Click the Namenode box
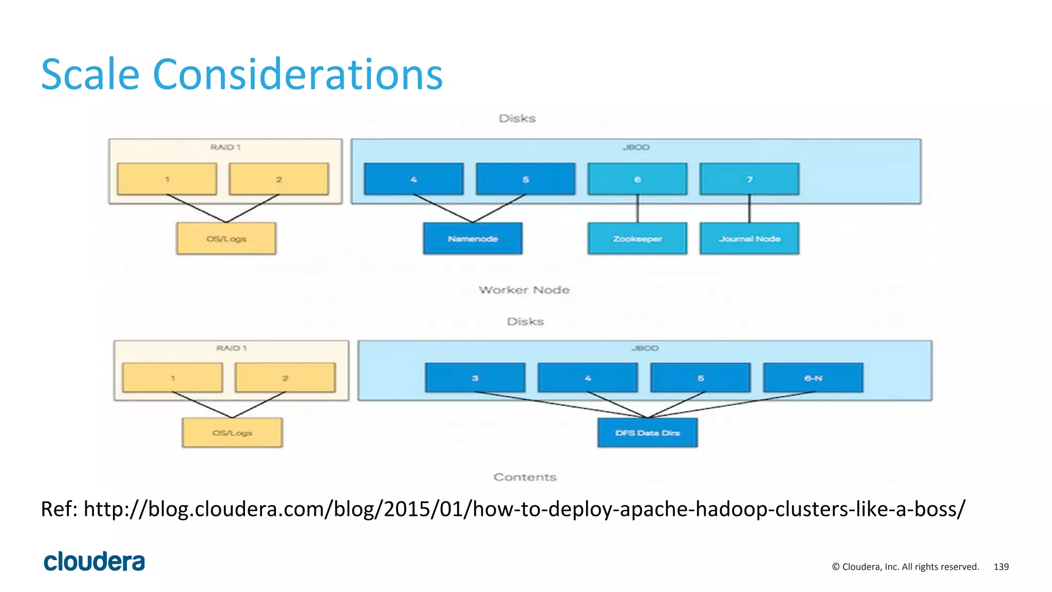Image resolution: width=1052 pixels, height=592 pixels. click(473, 238)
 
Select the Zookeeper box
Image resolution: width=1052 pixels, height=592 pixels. click(637, 238)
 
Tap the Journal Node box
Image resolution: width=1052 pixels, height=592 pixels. click(749, 238)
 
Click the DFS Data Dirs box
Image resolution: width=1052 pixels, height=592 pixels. click(647, 433)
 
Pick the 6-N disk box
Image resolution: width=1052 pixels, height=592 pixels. click(813, 378)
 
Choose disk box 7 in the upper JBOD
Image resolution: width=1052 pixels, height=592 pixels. click(749, 179)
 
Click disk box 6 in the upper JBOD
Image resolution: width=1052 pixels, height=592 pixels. click(637, 179)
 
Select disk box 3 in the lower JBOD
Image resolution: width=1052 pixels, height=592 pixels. click(475, 378)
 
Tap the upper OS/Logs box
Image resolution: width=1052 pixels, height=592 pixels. click(226, 238)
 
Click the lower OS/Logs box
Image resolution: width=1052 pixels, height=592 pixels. click(232, 433)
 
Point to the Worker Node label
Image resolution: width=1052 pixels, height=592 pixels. click(524, 290)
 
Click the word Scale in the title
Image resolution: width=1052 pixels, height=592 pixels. click(90, 75)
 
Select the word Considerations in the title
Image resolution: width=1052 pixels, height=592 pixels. click(298, 75)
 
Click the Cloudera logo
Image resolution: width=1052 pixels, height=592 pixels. click(95, 562)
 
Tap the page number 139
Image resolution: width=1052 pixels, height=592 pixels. click(1001, 567)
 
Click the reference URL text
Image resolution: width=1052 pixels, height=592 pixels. click(524, 509)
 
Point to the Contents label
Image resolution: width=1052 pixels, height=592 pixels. click(524, 477)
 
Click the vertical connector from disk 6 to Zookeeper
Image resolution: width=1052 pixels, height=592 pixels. click(637, 209)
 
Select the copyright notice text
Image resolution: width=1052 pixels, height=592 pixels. click(906, 567)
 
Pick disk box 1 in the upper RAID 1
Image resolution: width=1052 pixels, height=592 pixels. click(167, 179)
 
